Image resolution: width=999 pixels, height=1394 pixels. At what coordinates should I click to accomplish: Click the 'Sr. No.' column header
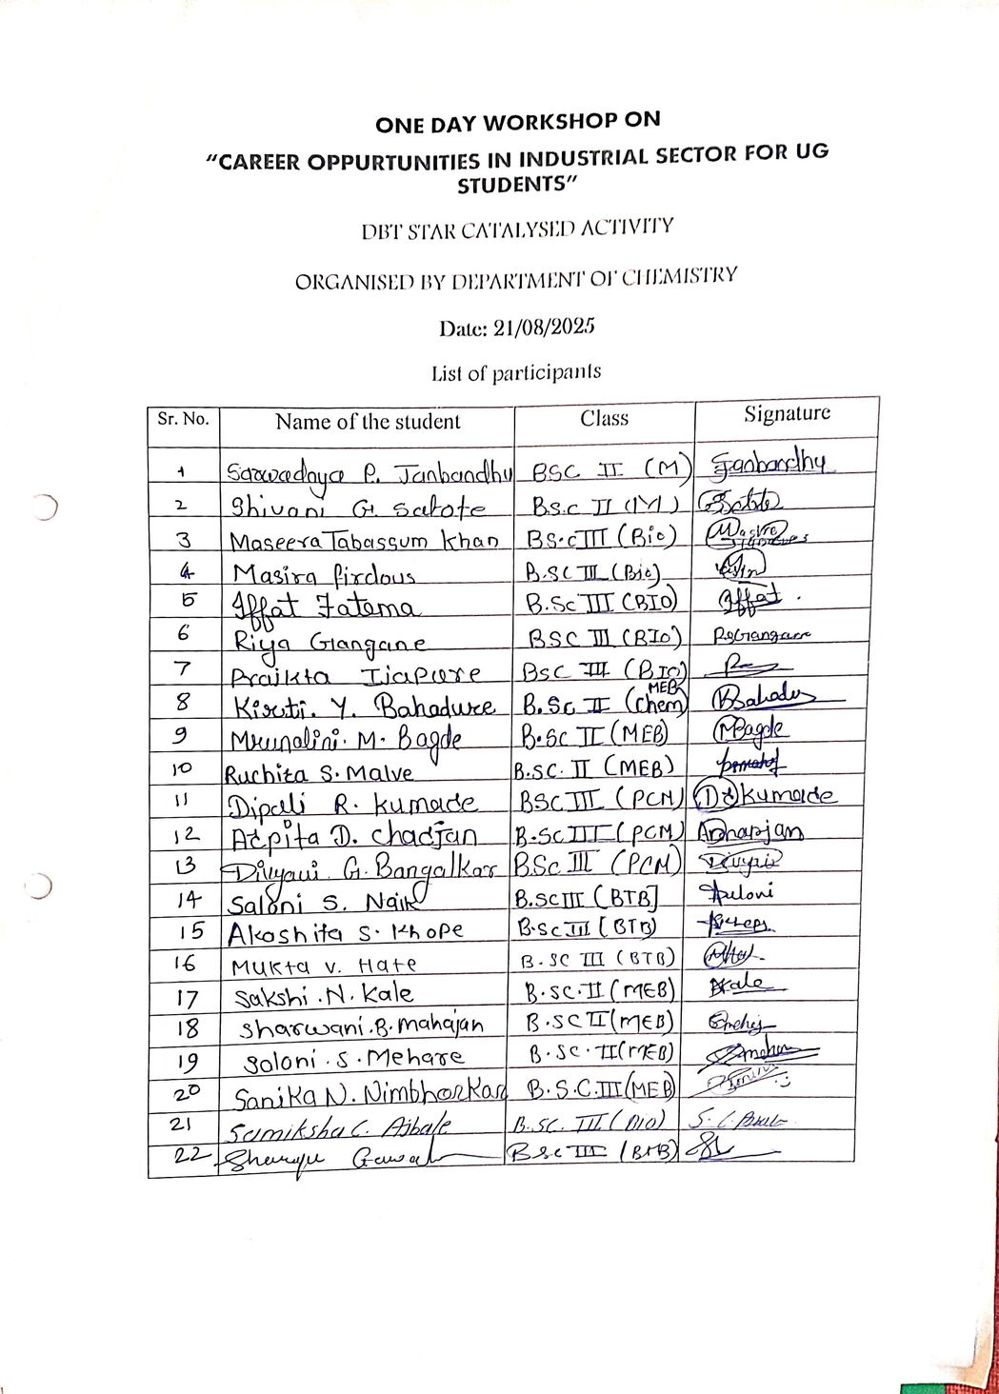point(182,420)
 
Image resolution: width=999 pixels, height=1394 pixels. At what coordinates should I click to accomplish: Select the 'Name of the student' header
point(368,421)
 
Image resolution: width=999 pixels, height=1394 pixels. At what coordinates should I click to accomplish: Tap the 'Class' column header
point(605,417)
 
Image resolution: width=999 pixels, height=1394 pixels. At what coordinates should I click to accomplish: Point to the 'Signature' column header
point(787,413)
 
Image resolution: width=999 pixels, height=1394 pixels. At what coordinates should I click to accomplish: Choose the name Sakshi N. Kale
point(324,995)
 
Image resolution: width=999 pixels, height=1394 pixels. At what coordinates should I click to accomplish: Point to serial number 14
point(186,898)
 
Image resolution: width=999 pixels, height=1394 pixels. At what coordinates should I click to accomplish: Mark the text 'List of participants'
point(515,372)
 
